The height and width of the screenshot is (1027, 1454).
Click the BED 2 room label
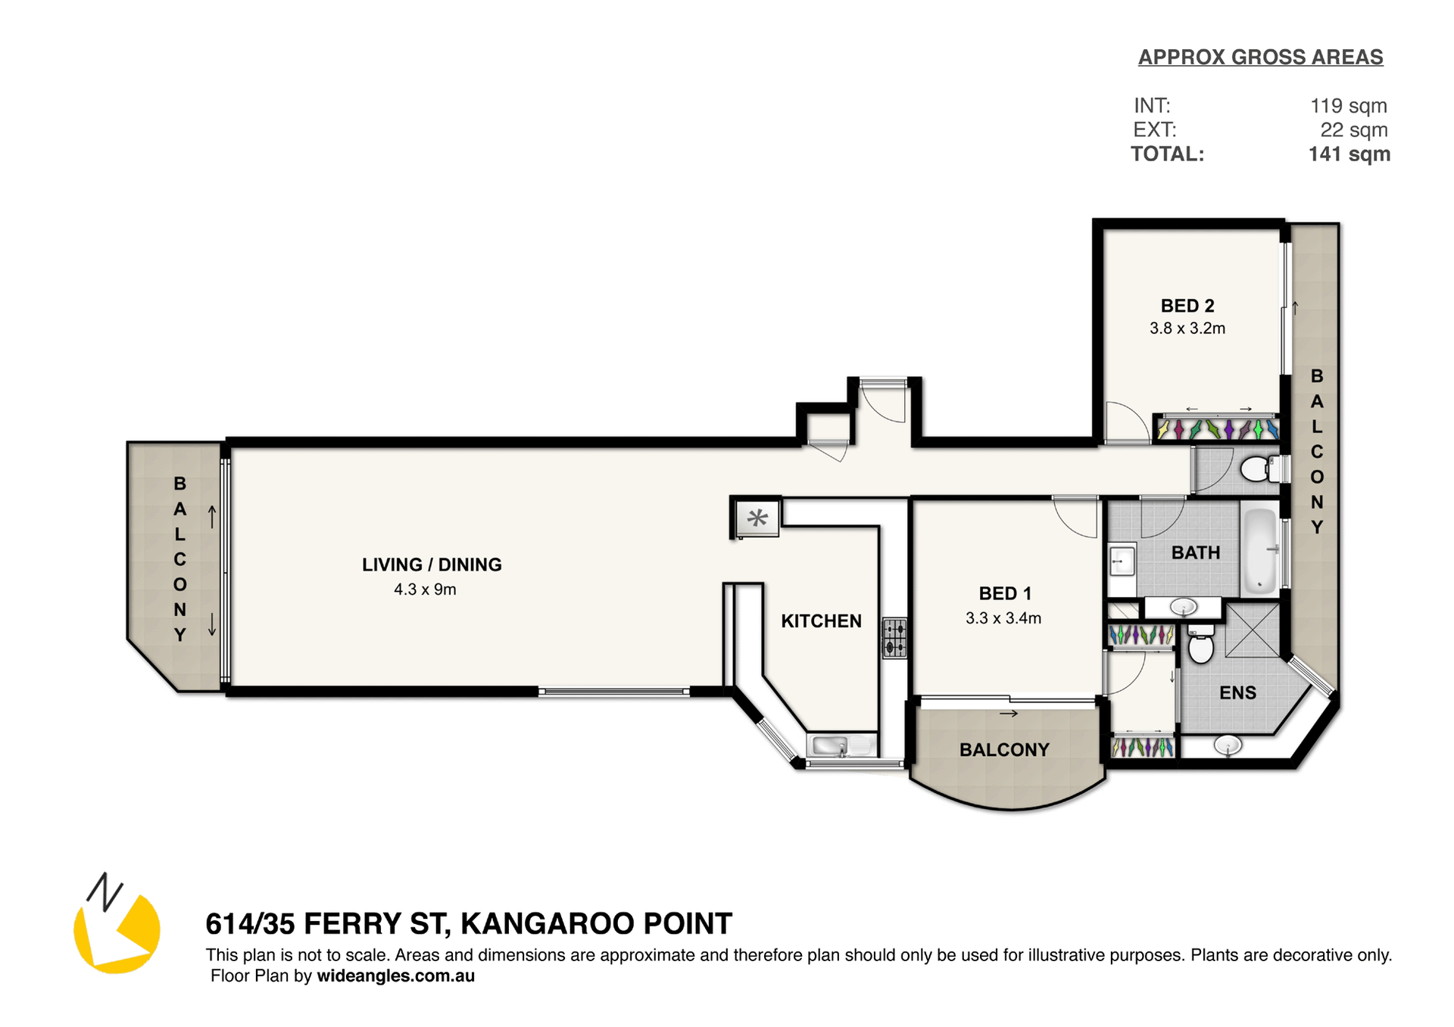(x=1187, y=306)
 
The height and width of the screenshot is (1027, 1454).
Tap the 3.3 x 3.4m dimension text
(x=1003, y=618)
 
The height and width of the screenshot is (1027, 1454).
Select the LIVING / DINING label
(x=432, y=565)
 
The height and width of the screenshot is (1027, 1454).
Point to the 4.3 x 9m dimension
(x=425, y=590)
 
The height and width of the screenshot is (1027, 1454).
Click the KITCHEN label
(x=821, y=621)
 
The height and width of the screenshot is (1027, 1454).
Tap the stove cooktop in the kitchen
(x=894, y=638)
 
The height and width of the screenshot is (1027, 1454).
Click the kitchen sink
(x=832, y=746)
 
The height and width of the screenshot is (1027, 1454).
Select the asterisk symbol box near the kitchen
(x=757, y=518)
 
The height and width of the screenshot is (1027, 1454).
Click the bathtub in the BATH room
(x=1260, y=550)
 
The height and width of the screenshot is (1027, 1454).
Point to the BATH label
(x=1196, y=553)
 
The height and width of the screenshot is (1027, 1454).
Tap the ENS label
(x=1237, y=693)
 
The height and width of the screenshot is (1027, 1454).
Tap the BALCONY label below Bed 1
(x=1004, y=750)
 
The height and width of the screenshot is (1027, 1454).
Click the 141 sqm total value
(x=1349, y=154)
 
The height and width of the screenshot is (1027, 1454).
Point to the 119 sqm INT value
(x=1349, y=106)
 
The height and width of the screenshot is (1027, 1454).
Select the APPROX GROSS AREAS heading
(x=1260, y=58)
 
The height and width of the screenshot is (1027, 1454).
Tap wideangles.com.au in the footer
(x=395, y=976)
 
